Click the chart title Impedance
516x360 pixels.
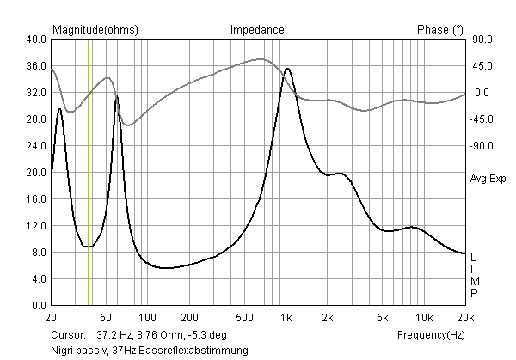257,29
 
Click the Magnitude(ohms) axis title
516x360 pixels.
95,29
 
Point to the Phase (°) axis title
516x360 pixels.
440,29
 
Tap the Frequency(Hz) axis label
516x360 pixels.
431,333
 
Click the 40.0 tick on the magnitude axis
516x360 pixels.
35,40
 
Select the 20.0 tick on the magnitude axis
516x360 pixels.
35,173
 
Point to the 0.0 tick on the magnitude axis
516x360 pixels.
39,306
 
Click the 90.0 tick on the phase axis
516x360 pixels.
481,40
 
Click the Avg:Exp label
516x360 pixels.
488,179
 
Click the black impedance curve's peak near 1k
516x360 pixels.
287,68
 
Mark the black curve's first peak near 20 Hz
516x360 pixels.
59,108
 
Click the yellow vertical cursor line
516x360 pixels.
89,172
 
